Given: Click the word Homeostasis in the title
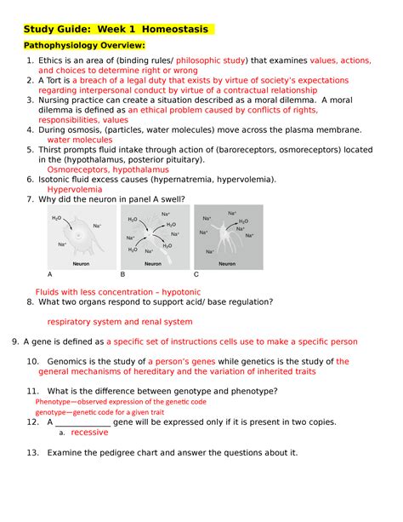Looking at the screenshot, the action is click(x=175, y=29).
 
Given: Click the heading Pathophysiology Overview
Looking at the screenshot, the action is click(x=84, y=45).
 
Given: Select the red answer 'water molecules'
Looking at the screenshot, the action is click(x=80, y=140).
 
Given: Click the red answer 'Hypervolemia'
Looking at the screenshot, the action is click(x=75, y=189).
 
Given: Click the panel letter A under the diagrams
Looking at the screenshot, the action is click(x=50, y=274).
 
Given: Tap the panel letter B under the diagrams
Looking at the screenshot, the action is click(x=122, y=274).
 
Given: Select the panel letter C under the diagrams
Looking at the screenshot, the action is click(x=196, y=274).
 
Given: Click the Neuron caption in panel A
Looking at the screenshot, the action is click(x=81, y=264).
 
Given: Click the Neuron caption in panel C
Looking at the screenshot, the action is click(x=227, y=264).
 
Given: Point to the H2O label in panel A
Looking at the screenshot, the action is click(x=56, y=218).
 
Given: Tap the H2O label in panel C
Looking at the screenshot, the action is click(x=243, y=221).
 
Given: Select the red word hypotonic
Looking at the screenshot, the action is click(x=181, y=292).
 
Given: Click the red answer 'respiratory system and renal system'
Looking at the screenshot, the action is click(x=120, y=322).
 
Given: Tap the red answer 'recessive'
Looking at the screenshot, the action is click(x=89, y=432).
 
